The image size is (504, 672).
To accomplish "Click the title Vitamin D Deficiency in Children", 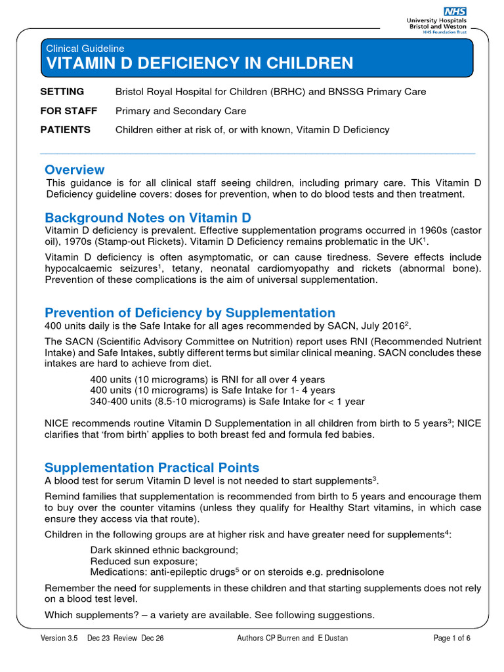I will click(199, 63).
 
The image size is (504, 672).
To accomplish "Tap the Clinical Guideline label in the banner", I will click(85, 48).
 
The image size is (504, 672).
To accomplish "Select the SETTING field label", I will click(62, 92).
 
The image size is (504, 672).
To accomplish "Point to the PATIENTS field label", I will click(66, 130).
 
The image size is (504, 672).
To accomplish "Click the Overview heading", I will click(74, 170).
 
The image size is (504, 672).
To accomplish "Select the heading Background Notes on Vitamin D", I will click(148, 217).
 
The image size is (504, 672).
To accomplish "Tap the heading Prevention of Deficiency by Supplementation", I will click(190, 312).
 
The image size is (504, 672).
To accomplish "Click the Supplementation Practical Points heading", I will click(152, 467).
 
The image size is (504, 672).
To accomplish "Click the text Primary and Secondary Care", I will click(181, 111).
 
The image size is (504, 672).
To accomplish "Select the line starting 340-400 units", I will click(227, 401).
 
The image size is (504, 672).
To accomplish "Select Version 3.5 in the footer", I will click(58, 639).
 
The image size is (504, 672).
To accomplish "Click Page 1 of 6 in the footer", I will click(452, 639).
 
